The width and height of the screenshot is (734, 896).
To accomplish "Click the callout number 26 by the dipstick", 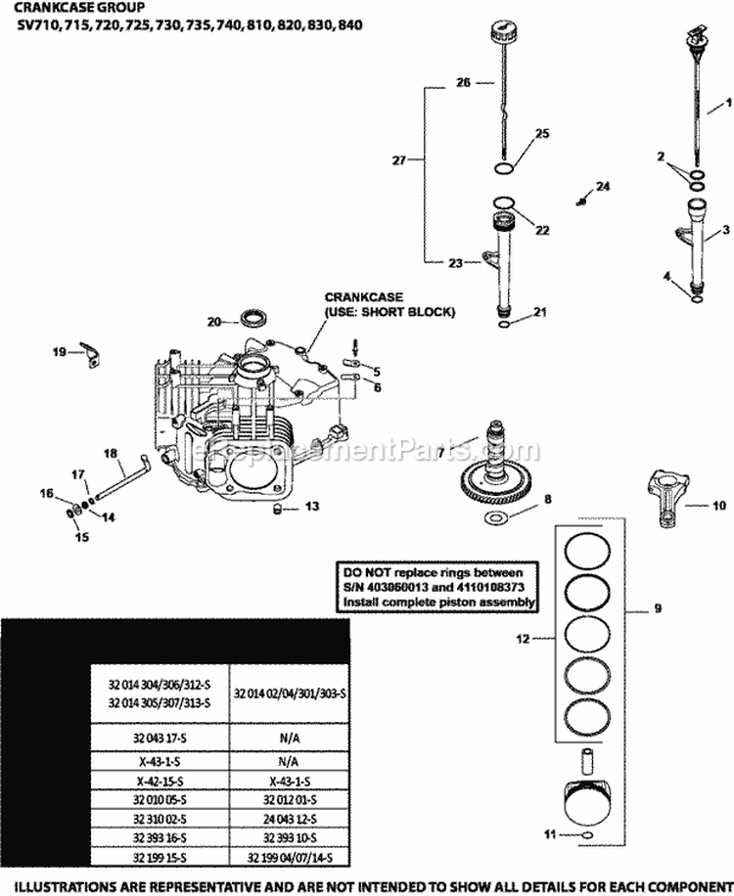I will point(464,83).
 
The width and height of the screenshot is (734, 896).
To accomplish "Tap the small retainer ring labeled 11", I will point(586,807).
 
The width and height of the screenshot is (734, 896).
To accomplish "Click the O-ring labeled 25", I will point(506,168).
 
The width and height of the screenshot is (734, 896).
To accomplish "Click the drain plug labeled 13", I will point(277,508).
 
